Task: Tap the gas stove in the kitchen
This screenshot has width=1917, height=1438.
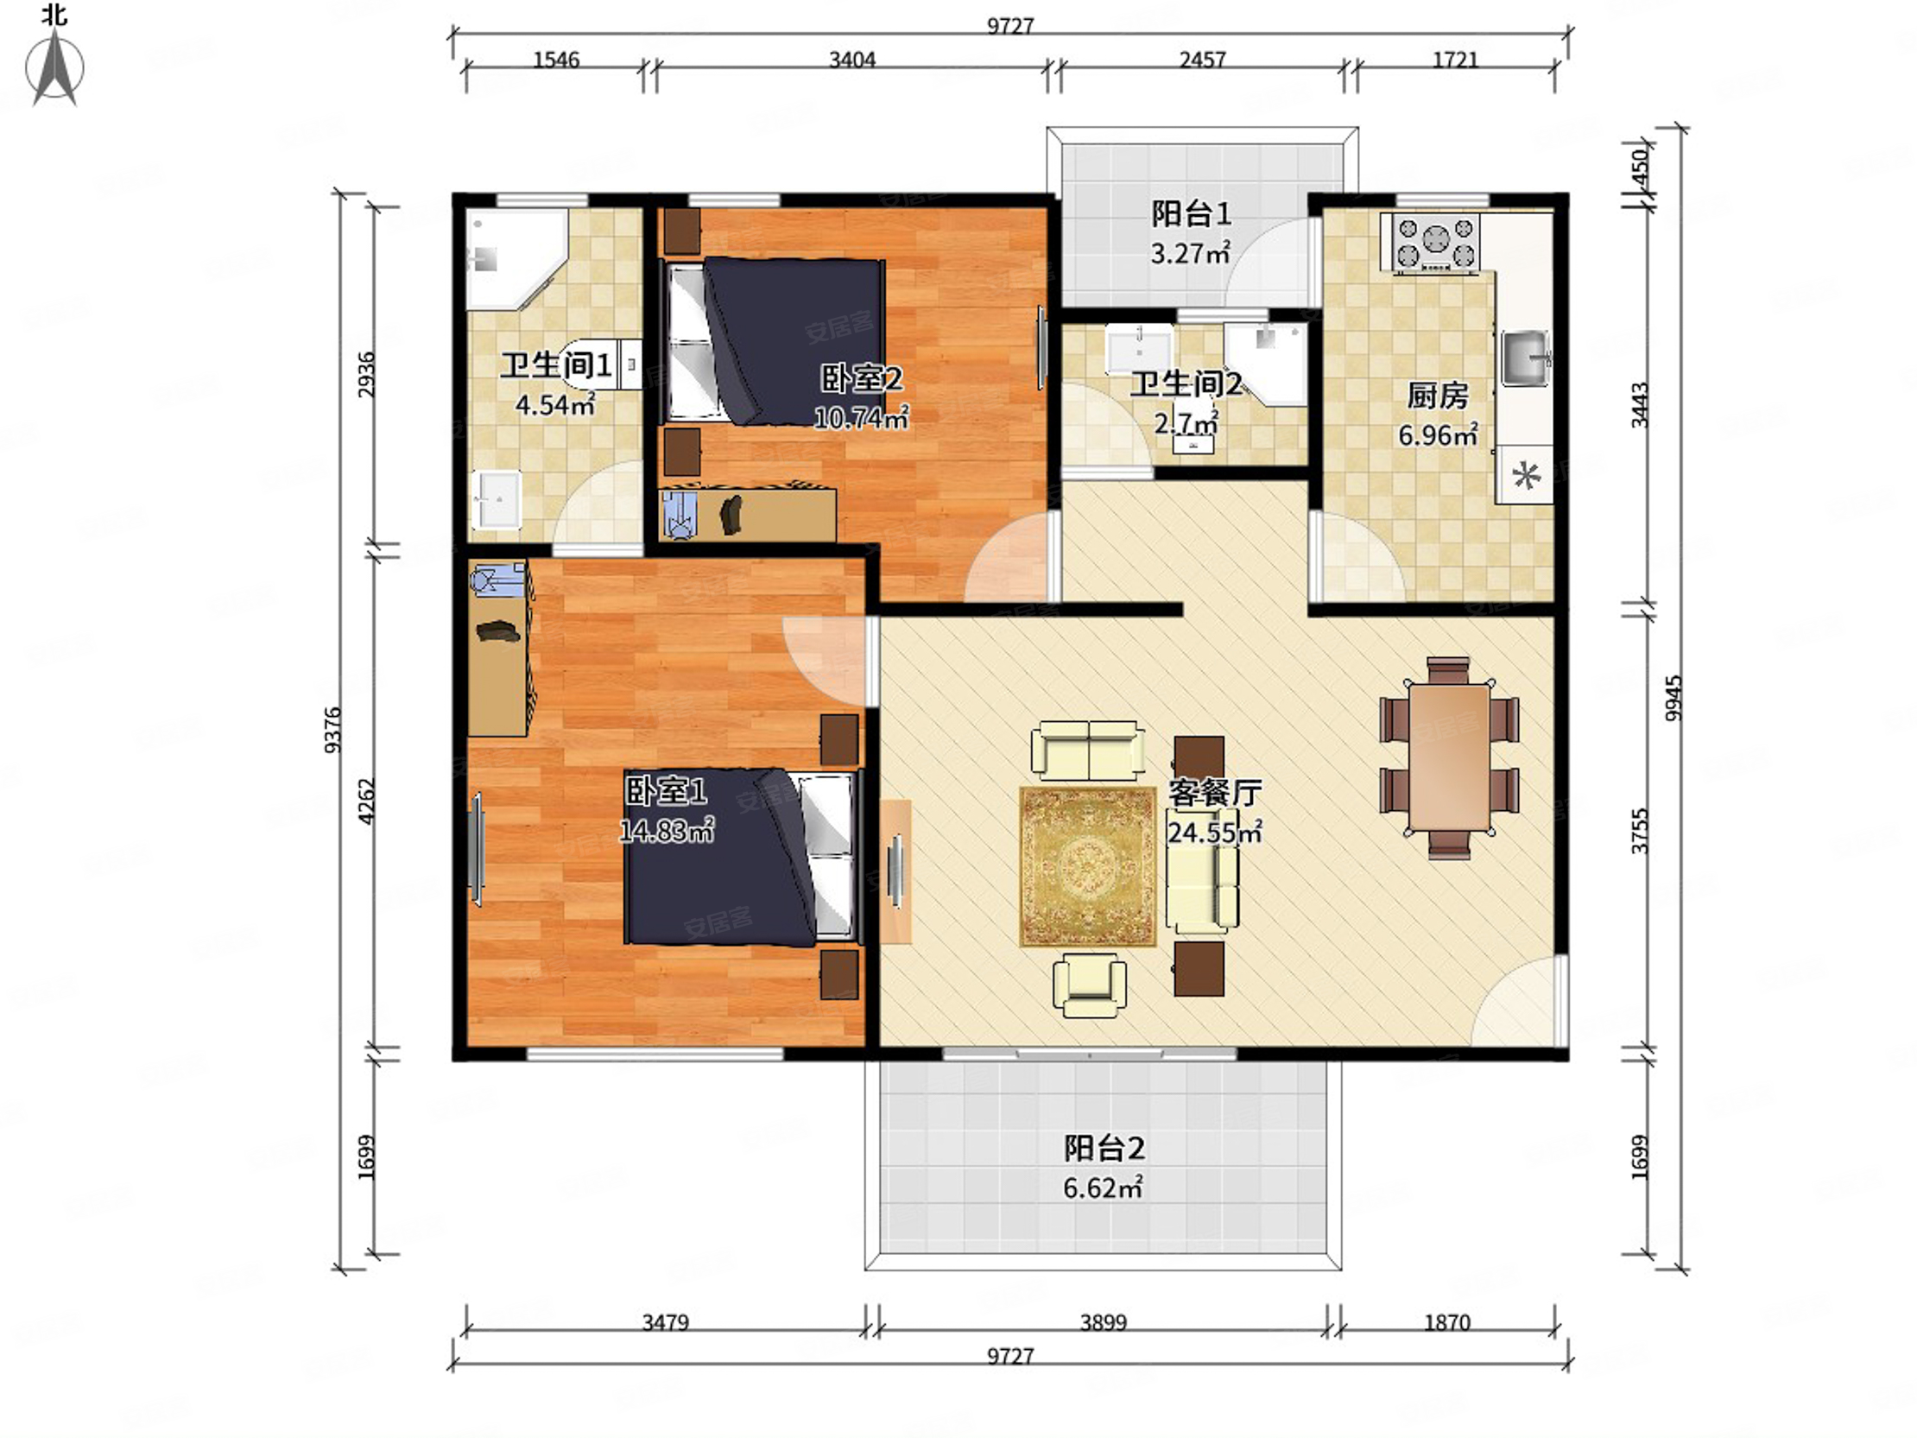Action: pos(1436,244)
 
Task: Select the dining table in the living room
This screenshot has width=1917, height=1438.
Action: pos(1449,757)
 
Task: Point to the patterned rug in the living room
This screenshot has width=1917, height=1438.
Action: pos(1089,866)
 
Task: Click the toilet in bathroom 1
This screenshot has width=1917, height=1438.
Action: pos(607,364)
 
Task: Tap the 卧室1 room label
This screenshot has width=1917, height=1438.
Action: pos(667,790)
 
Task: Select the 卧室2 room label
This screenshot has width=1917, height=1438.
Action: pos(862,379)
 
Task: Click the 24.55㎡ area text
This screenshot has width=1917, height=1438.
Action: pos(1214,832)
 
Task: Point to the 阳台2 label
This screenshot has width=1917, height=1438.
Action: pos(1104,1149)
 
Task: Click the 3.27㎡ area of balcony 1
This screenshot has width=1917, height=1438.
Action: pos(1190,253)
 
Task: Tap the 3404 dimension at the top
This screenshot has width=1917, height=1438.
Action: pos(852,60)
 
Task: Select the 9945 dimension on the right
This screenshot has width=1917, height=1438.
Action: pos(1673,698)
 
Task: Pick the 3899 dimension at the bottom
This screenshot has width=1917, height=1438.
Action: pos(1104,1323)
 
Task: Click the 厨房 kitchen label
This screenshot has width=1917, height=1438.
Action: pos(1437,396)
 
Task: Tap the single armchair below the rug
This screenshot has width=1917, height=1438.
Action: pos(1090,985)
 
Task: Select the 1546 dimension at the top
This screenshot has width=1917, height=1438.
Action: pos(555,60)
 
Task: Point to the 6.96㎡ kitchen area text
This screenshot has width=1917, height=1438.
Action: pos(1438,434)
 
